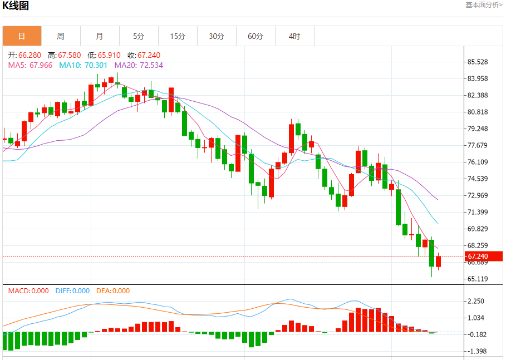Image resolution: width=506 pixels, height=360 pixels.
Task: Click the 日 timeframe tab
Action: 22,36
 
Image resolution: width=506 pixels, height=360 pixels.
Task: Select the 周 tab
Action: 61,36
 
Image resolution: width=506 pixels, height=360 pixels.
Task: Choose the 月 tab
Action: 100,36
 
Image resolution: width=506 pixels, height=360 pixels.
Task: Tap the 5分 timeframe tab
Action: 139,36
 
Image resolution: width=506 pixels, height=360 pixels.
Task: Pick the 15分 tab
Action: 178,36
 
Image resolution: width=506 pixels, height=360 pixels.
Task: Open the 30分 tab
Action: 217,36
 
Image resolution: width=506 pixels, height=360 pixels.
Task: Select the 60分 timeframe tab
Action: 256,36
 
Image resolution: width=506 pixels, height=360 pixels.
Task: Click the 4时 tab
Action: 294,36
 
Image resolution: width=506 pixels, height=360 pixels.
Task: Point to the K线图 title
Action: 16,6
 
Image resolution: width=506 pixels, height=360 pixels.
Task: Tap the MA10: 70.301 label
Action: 84,65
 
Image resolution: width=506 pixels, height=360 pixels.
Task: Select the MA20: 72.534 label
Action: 139,65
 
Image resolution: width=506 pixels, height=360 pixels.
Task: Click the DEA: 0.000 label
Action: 113,290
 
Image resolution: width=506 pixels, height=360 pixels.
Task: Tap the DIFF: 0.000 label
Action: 72,290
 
